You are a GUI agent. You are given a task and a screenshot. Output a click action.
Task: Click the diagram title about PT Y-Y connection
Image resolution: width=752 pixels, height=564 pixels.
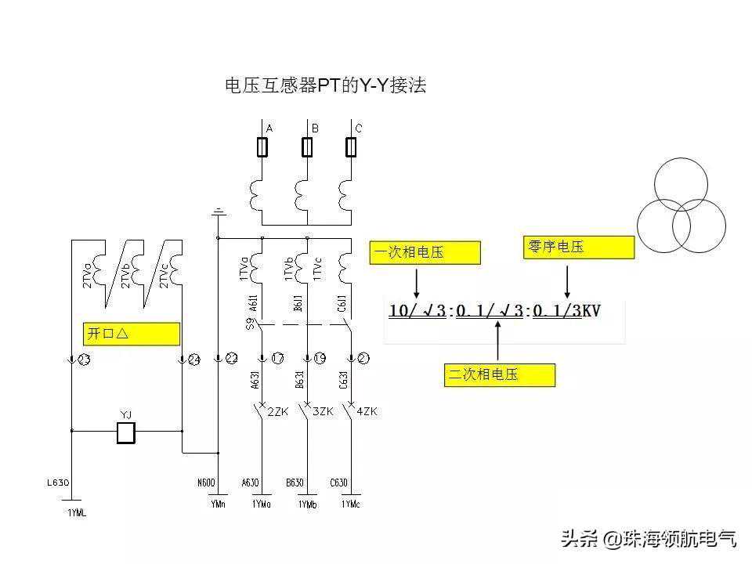(x=325, y=86)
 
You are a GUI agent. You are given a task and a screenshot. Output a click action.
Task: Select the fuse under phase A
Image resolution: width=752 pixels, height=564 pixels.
(x=262, y=146)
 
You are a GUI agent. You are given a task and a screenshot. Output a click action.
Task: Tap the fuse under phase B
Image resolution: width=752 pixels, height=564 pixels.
(x=307, y=146)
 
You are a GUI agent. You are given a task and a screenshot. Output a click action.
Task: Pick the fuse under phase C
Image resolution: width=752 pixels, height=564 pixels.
(x=352, y=146)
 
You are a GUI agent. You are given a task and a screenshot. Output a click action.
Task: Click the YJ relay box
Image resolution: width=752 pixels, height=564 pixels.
(x=125, y=432)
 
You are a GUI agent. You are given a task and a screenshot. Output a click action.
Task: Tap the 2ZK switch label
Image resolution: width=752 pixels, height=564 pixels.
(x=278, y=411)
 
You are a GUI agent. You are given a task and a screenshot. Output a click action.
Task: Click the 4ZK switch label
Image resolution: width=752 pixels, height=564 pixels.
(x=367, y=411)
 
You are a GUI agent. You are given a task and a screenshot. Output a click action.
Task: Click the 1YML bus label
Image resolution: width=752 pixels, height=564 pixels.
(x=76, y=513)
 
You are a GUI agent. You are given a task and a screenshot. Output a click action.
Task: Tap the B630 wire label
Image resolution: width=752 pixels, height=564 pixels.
(x=295, y=483)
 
